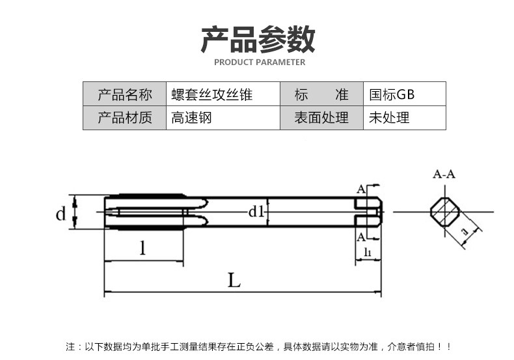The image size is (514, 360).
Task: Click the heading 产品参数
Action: point(258,39)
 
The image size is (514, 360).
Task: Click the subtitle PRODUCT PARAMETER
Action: point(260,62)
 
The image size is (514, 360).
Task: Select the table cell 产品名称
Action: point(124,94)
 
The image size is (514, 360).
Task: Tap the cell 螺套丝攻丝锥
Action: point(223,94)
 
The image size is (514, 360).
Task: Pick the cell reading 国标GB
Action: point(405,94)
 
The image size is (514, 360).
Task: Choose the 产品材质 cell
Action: point(124,118)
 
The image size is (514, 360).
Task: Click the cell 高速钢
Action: point(223,118)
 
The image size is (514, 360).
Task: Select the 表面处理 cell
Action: point(321,118)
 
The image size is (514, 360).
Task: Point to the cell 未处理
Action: point(405,118)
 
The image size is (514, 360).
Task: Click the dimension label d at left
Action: point(61,214)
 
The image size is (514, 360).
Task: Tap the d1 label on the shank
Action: point(256,212)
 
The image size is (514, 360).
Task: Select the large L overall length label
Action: point(234,281)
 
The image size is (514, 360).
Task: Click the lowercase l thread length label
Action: point(142,248)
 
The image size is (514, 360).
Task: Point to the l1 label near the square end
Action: point(368,252)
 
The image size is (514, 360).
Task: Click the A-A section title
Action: point(444,174)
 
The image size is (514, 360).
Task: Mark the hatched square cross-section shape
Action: point(445,212)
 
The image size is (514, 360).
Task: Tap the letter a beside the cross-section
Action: point(465,232)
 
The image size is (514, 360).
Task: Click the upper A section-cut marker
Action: point(361,189)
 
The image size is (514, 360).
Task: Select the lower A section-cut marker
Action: point(361,237)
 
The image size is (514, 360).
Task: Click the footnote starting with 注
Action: point(258,346)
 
